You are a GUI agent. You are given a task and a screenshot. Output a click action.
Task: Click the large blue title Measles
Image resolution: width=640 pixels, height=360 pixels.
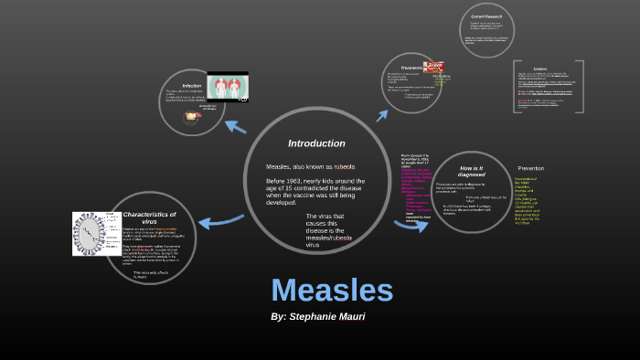(332, 290)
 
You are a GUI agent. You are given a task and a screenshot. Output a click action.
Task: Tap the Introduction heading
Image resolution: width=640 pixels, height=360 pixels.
(316, 143)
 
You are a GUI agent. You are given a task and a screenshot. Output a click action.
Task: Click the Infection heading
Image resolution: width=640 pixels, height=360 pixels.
(191, 86)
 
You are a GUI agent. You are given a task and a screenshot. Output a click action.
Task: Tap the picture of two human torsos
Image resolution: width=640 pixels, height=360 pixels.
(228, 87)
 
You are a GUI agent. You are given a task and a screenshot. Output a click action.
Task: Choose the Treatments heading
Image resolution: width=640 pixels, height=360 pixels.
(411, 66)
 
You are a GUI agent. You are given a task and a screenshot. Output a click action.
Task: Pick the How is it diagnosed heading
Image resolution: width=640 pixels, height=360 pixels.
(472, 170)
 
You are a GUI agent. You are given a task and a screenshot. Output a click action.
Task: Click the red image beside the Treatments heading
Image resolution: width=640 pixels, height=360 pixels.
(434, 67)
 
